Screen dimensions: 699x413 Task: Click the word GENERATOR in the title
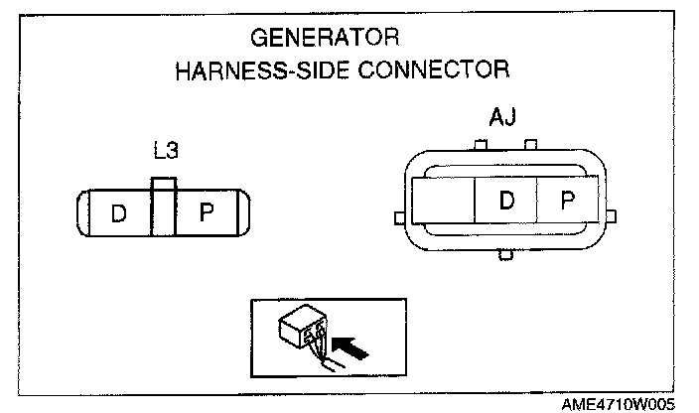click(324, 39)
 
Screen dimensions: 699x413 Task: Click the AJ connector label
click(503, 119)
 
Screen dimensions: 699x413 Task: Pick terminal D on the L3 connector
click(118, 213)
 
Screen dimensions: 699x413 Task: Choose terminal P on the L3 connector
click(208, 213)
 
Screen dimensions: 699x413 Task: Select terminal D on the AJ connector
click(506, 202)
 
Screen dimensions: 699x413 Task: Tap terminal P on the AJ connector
click(567, 202)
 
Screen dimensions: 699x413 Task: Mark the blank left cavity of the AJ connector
click(444, 202)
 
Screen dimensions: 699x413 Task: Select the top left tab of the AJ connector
click(480, 147)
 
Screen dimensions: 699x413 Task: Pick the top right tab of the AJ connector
click(530, 147)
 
